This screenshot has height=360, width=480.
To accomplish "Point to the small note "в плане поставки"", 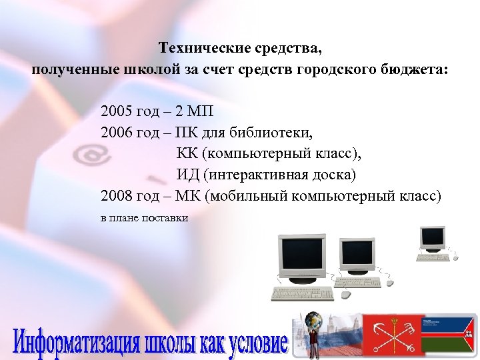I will [x=144, y=218].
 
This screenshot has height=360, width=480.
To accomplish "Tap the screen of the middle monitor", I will [x=357, y=255].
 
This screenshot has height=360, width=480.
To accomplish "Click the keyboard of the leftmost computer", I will [x=302, y=294].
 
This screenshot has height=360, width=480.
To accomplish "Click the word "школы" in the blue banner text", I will [x=170, y=342].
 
